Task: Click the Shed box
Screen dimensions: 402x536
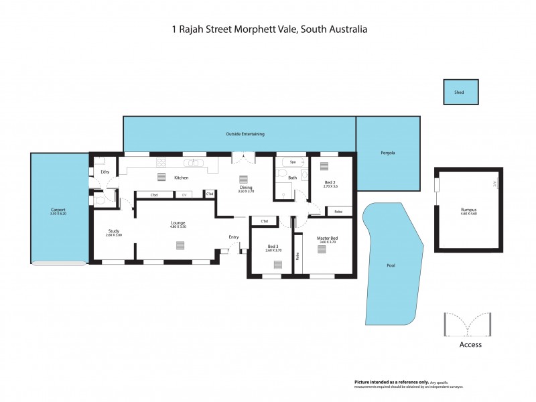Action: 461,92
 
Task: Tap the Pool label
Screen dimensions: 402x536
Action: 391,265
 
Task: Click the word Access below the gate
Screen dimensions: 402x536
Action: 470,345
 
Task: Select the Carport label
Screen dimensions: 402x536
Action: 58,209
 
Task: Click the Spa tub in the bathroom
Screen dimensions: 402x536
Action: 292,161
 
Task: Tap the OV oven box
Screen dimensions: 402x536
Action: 184,194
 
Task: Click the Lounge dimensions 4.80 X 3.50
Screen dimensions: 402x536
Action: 178,227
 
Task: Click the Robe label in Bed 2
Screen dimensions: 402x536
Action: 338,211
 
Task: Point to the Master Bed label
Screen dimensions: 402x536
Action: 327,239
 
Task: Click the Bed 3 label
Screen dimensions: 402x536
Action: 273,246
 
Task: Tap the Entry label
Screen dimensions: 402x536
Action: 233,237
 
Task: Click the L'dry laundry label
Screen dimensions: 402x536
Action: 105,173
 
